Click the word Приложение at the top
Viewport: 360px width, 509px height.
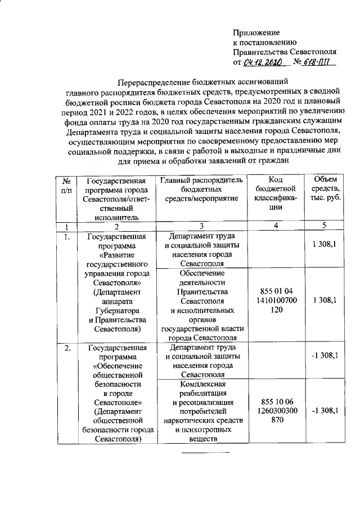click(x=256, y=33)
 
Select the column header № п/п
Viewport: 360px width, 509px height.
click(x=66, y=186)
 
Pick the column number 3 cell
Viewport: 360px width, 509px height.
click(x=201, y=227)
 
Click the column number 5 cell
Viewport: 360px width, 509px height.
click(x=325, y=227)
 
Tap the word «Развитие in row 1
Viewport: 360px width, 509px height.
click(x=116, y=255)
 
